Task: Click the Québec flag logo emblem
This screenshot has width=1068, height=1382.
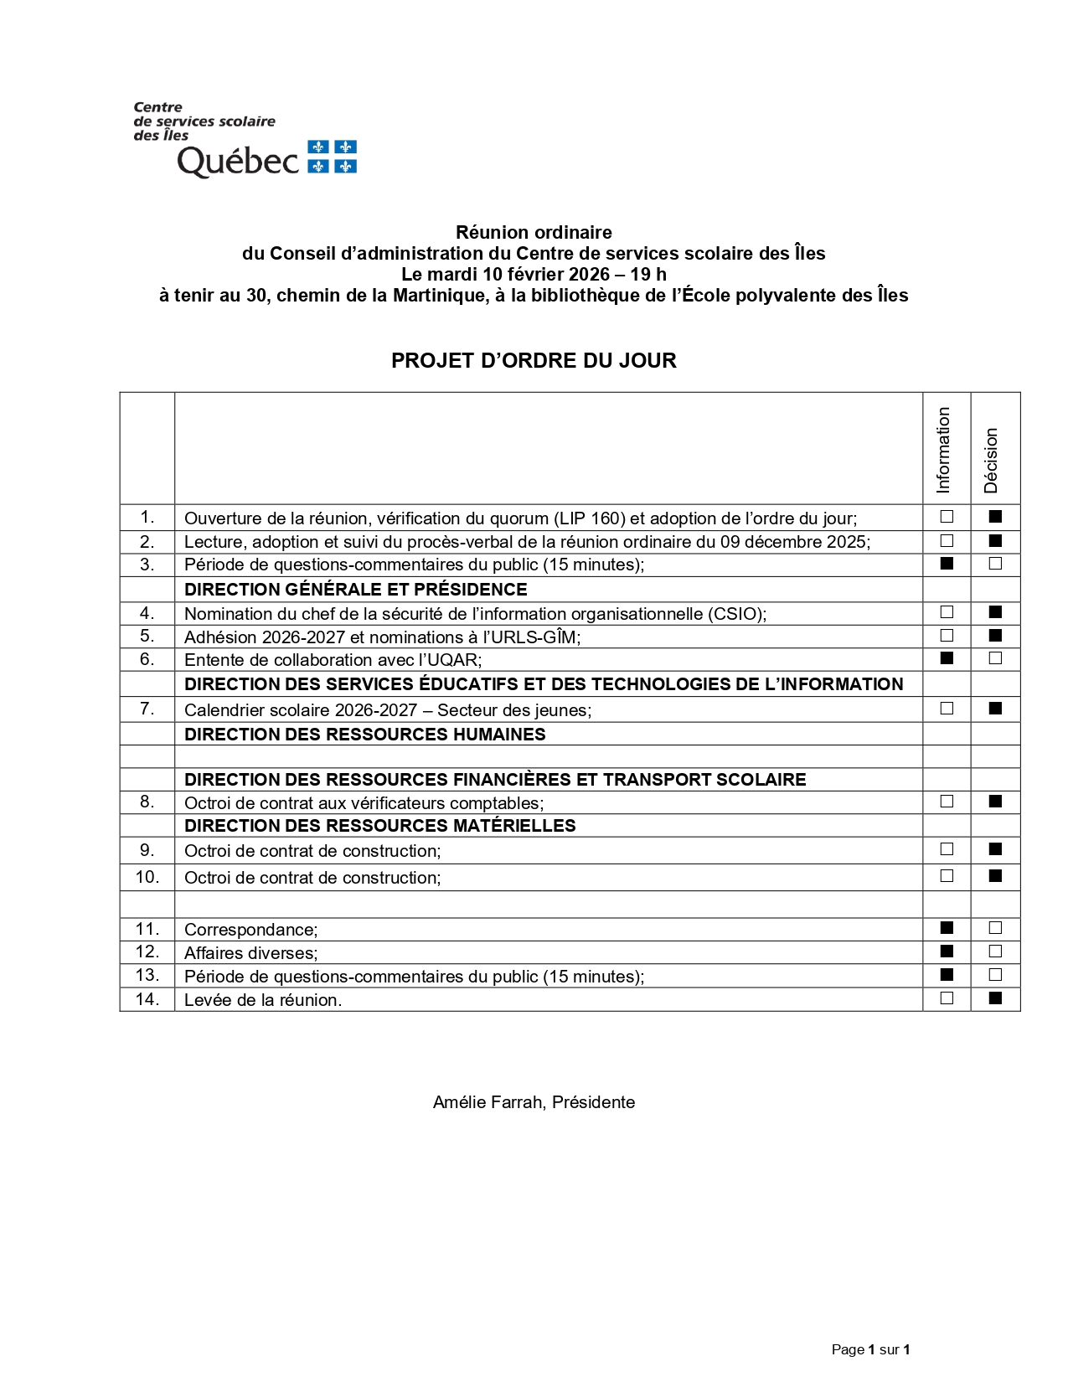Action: coord(333,157)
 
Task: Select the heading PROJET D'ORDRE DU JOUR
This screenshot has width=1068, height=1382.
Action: coord(534,361)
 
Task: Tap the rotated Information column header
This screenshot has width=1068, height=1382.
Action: coord(944,450)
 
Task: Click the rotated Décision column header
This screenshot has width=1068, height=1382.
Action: coord(992,460)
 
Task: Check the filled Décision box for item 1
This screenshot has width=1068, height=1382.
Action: coord(995,517)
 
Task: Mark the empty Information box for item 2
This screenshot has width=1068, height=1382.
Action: coord(947,541)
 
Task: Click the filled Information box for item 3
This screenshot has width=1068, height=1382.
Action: coord(947,564)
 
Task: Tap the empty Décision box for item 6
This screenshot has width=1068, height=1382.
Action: coord(995,658)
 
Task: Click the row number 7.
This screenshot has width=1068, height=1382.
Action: coord(147,709)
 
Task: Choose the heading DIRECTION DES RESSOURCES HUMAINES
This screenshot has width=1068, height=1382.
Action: coord(364,735)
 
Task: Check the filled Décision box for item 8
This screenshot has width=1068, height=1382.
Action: coord(995,802)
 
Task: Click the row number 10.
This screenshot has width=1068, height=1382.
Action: coord(147,877)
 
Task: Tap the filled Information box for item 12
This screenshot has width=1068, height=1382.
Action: coord(947,951)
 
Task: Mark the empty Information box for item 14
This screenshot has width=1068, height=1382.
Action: coord(947,998)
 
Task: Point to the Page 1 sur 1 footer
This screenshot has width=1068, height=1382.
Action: coord(870,1349)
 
